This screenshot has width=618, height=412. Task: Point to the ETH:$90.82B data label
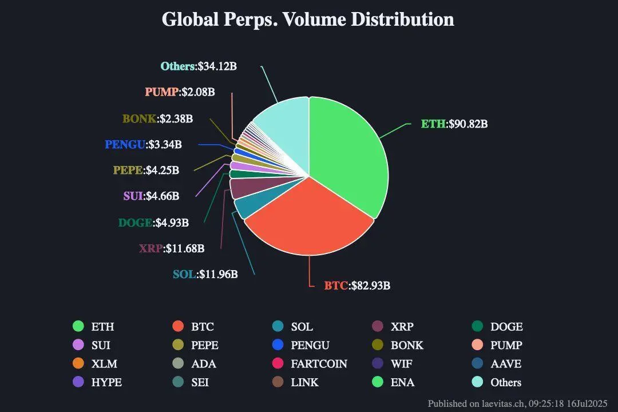click(x=454, y=124)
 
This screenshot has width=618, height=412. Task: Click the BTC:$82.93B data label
click(x=357, y=285)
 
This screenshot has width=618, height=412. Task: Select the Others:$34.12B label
click(x=199, y=66)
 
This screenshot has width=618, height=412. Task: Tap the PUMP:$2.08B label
click(x=180, y=92)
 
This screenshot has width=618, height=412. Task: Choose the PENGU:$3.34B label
click(x=143, y=144)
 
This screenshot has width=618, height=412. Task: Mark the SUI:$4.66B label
click(x=151, y=196)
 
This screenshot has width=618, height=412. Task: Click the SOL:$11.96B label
click(x=205, y=274)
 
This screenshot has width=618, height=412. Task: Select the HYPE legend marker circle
click(x=78, y=382)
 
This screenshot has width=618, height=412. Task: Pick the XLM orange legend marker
click(x=78, y=363)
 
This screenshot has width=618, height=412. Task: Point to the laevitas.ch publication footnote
click(x=517, y=403)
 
